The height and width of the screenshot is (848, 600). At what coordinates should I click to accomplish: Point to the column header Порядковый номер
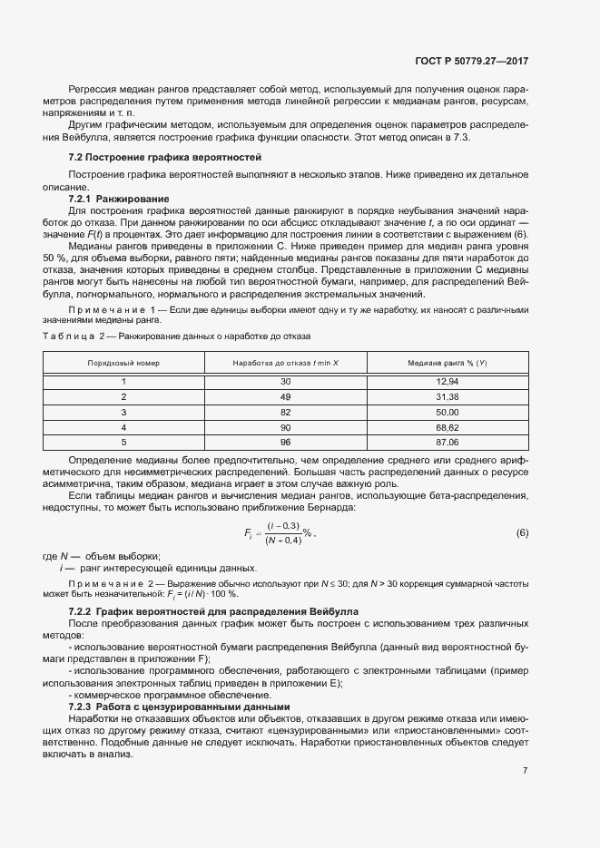tap(123, 363)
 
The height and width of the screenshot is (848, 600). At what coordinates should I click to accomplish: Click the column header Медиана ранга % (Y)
tap(448, 363)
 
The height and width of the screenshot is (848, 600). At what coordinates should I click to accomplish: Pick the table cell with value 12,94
tap(448, 382)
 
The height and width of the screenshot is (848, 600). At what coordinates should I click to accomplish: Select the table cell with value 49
tap(285, 396)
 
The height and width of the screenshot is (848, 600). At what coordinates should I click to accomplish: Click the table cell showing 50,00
tap(448, 412)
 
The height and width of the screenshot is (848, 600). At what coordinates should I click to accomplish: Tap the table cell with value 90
tap(285, 426)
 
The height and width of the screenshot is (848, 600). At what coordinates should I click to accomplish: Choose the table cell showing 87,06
tap(448, 442)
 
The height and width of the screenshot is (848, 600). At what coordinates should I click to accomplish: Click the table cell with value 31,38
tap(448, 396)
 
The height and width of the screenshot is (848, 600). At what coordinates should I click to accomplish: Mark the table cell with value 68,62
tap(448, 426)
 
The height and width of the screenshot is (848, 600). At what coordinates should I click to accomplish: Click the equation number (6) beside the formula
tap(522, 532)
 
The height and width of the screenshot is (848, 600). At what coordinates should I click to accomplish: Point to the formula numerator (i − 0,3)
tap(281, 526)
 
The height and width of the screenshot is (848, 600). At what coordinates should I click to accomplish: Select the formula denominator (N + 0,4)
tap(281, 541)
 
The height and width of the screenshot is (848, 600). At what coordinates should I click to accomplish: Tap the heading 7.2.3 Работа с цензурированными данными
tap(179, 681)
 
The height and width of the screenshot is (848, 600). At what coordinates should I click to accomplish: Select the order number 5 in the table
tap(123, 442)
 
